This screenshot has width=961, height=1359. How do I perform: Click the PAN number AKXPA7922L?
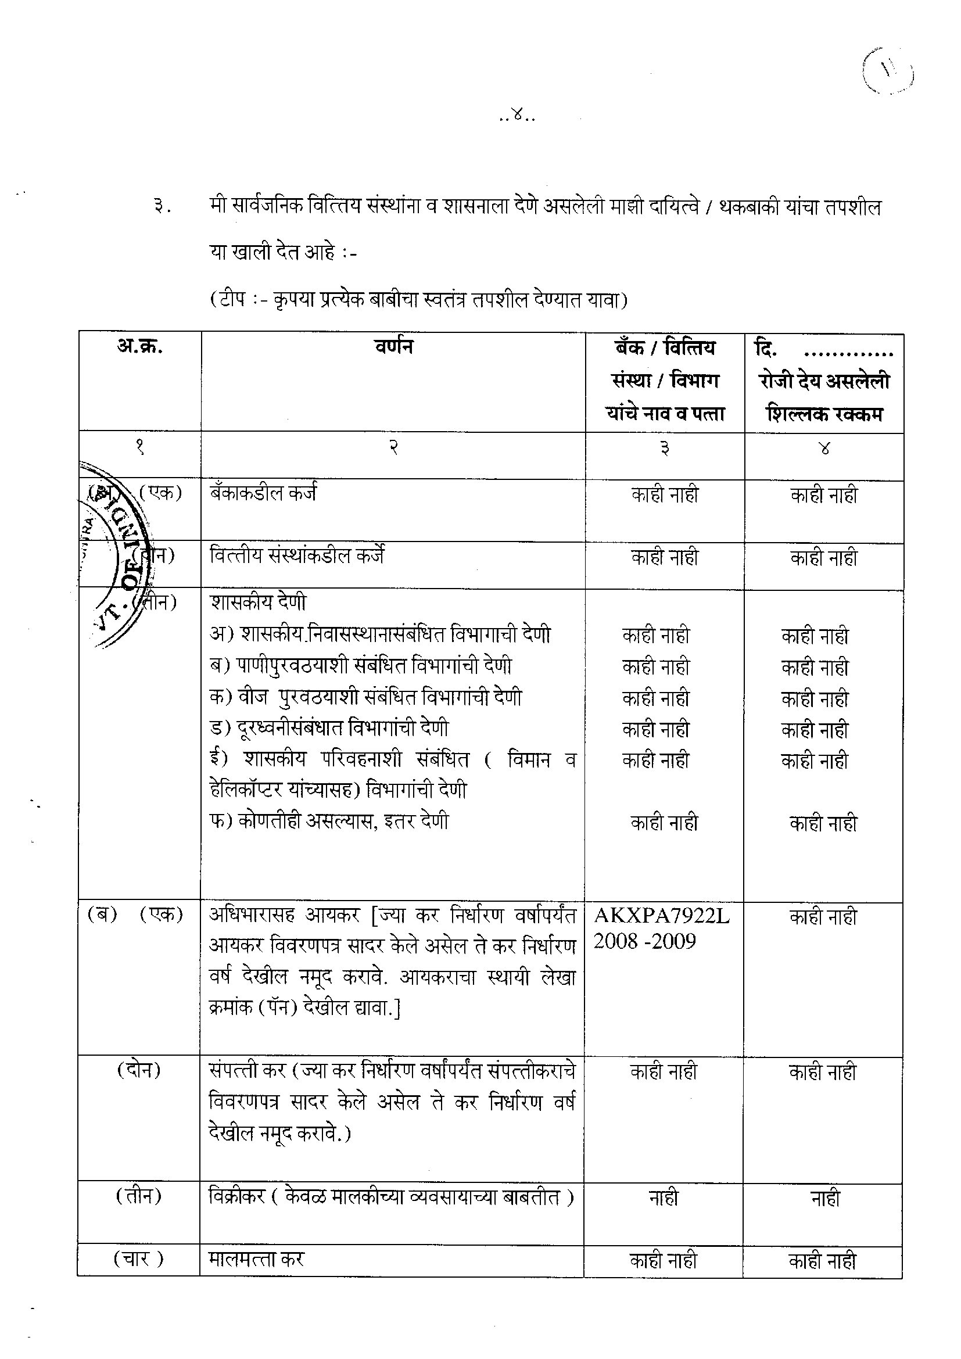coord(662,916)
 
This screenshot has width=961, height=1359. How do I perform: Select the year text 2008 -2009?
coord(644,941)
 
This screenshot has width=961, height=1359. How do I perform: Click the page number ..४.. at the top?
coord(517,117)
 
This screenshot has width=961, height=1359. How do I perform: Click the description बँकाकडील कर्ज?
coord(263,493)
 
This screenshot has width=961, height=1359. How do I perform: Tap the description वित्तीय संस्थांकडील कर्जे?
coord(297,556)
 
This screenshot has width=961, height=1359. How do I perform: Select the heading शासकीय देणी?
coord(258,602)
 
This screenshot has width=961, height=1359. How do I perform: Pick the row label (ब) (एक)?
coord(135,915)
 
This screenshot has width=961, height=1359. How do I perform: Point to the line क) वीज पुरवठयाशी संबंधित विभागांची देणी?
coord(365,697)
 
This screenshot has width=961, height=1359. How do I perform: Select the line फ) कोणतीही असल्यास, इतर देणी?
coord(329,822)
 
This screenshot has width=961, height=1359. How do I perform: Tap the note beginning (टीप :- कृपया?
coord(419,299)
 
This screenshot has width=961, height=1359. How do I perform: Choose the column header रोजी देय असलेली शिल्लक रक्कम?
coord(824,397)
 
